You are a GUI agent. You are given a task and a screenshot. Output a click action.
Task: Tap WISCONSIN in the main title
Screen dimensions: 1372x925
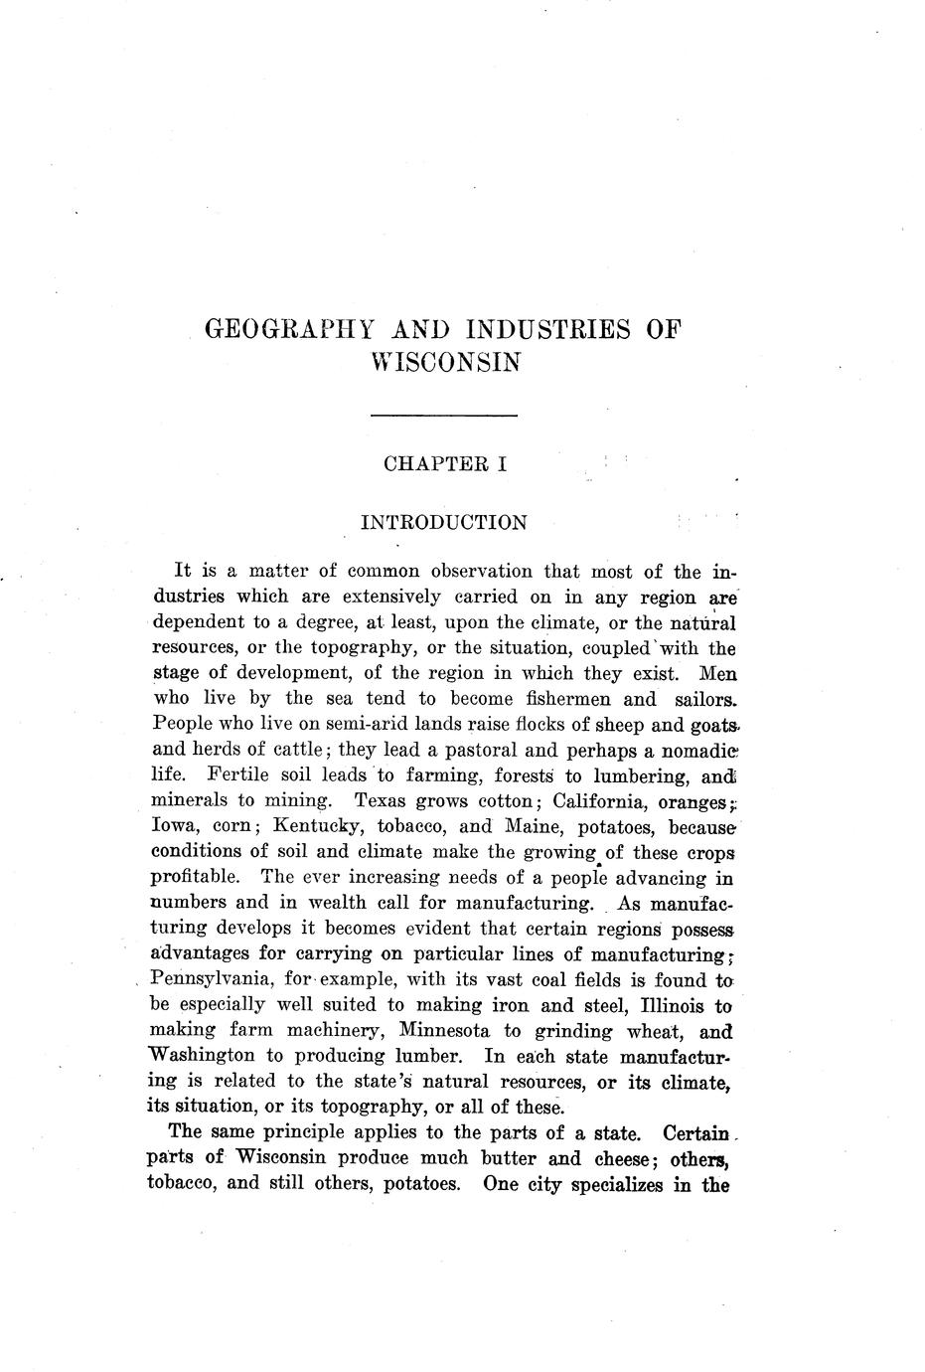443,362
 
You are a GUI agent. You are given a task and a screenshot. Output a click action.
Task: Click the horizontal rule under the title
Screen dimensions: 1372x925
443,415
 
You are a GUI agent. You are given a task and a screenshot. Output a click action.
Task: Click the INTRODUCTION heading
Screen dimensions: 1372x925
443,522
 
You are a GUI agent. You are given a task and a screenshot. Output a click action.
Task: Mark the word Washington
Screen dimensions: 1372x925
203,1055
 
